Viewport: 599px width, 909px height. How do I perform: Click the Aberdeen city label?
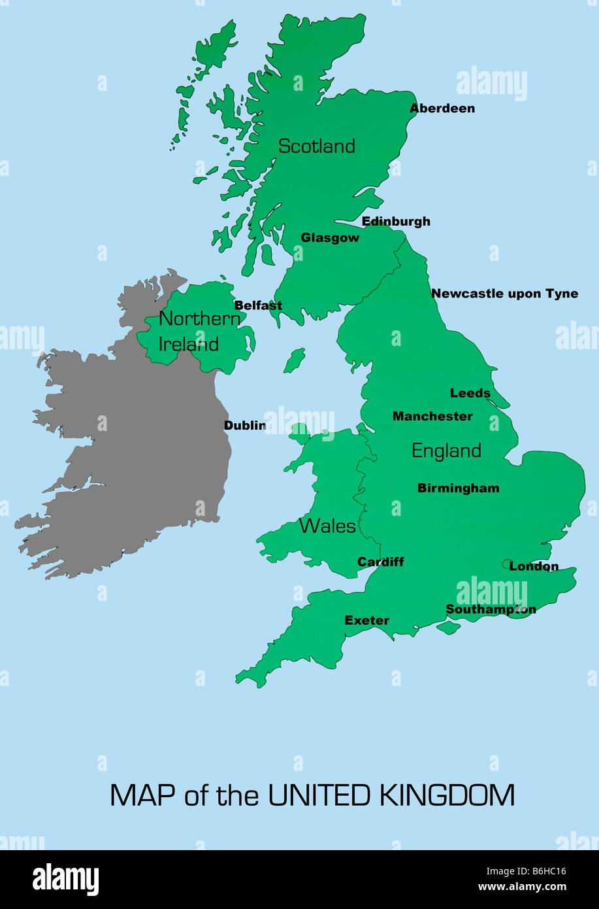442,109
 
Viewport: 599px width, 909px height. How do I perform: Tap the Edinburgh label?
396,222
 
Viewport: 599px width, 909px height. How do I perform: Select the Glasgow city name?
330,238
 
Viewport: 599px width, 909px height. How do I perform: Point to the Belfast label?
258,305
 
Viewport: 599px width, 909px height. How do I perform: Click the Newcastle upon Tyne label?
504,294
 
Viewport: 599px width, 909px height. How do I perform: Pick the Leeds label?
470,393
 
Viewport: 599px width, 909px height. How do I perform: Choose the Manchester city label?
432,417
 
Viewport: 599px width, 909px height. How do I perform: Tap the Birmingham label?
458,489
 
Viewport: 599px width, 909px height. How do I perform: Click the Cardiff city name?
381,562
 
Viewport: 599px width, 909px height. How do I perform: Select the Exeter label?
366,621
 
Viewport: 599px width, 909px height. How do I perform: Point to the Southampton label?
491,609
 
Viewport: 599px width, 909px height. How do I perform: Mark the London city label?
534,566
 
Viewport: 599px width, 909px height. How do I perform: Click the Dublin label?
245,426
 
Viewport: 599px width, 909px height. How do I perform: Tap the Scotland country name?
317,146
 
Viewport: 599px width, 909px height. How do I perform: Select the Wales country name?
327,526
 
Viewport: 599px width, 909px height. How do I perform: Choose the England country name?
446,451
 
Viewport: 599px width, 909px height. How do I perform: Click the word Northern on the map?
199,319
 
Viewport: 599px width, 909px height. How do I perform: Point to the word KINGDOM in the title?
446,795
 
